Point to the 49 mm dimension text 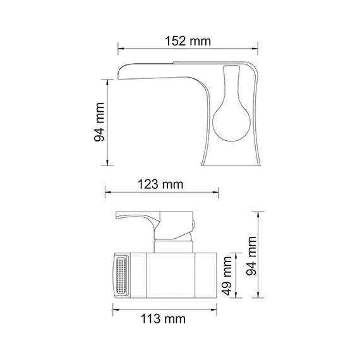228,275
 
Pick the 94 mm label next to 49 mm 252,255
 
